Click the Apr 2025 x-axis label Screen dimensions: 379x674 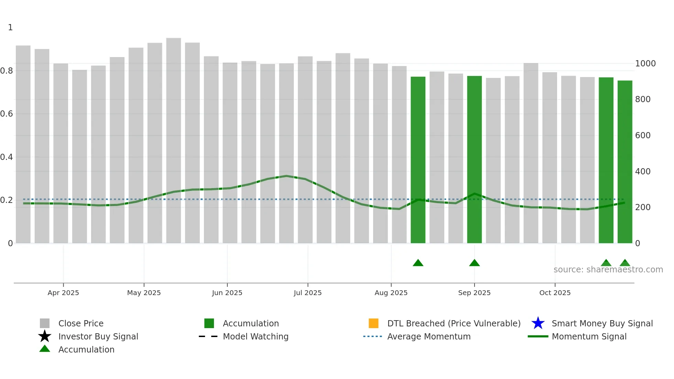click(63, 293)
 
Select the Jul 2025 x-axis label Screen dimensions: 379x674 click(307, 293)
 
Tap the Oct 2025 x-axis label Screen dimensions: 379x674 click(555, 293)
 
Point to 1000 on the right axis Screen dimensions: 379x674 click(645, 64)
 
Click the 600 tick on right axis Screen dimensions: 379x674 click(643, 136)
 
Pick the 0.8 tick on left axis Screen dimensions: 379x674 click(7, 71)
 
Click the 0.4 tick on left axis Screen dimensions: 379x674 click(7, 157)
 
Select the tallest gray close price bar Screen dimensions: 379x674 click(173, 138)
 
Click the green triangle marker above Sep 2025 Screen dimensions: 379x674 click(474, 263)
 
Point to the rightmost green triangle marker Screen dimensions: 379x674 click(624, 263)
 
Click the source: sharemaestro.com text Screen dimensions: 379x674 click(608, 270)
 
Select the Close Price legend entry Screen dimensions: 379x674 click(81, 324)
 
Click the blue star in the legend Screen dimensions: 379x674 click(538, 323)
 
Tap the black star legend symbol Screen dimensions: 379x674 click(45, 336)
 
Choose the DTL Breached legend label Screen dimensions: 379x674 click(454, 324)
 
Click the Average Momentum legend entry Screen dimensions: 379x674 click(428, 337)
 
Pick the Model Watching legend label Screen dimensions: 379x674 click(256, 337)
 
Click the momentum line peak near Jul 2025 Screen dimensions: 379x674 click(286, 176)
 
